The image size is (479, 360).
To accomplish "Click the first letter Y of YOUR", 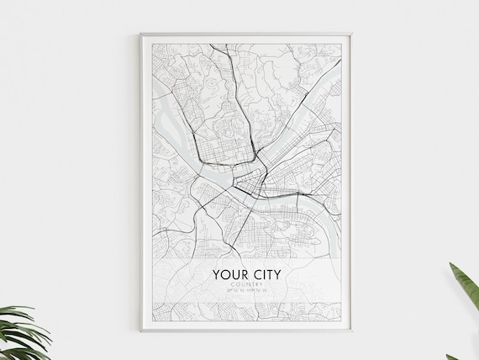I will (217, 273).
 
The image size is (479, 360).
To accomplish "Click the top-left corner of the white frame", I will (141, 34).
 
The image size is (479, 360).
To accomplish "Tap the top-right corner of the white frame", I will (352, 34).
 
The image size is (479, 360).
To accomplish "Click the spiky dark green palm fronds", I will (21, 332).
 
